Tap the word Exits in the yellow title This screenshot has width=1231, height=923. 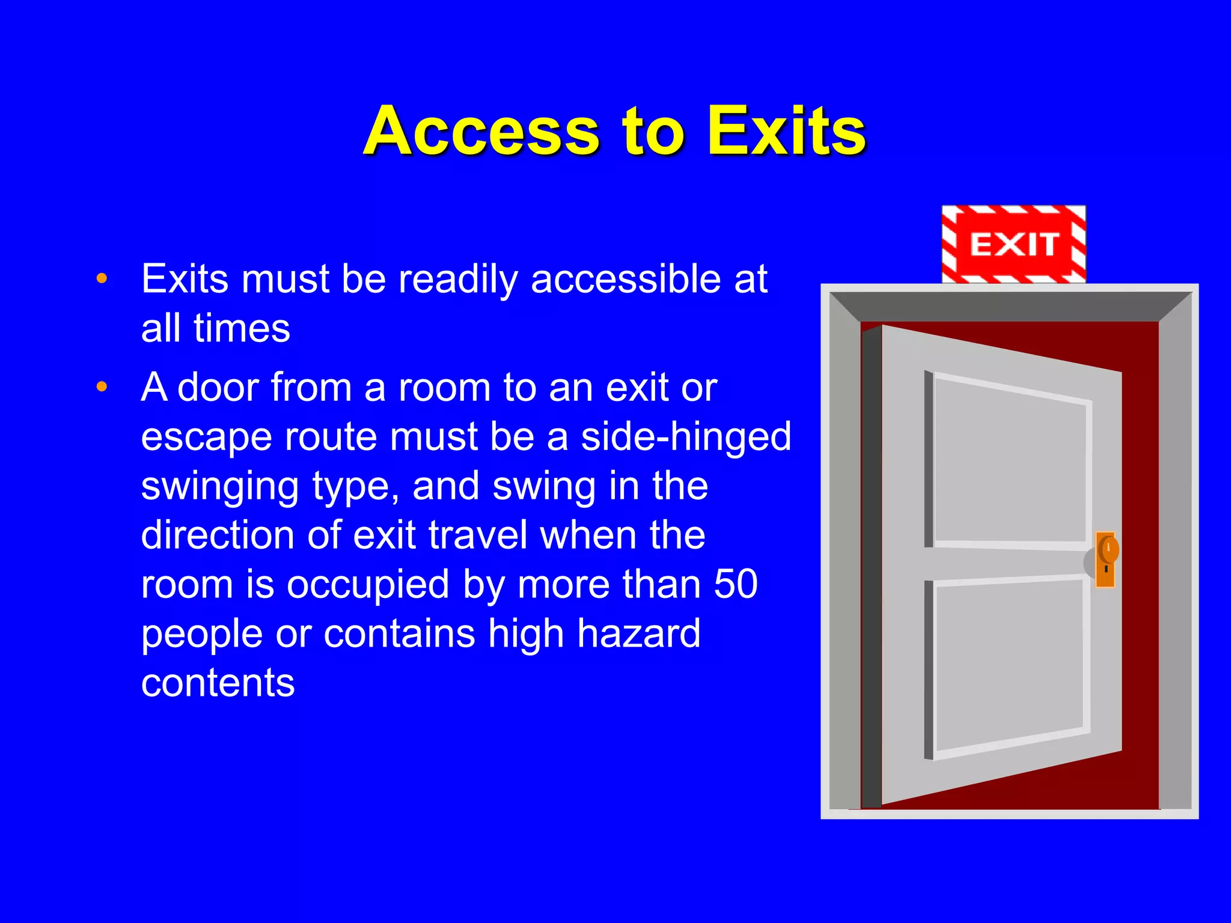(786, 131)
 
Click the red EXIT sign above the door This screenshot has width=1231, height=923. (1013, 244)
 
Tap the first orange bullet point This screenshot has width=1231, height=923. (102, 278)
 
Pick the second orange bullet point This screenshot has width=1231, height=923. (102, 386)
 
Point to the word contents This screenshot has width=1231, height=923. (218, 683)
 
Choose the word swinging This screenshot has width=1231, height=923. (219, 487)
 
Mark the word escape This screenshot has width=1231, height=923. (206, 437)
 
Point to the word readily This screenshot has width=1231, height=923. (457, 280)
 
